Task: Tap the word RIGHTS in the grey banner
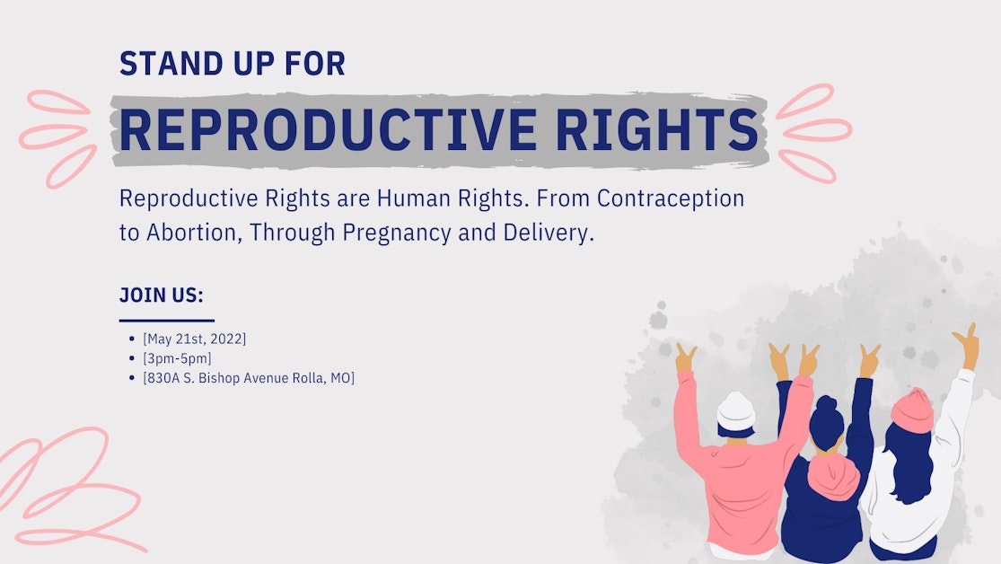[657, 130]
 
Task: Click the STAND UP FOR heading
[233, 65]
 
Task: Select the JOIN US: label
[162, 295]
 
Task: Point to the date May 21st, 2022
[194, 339]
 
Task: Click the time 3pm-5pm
[177, 358]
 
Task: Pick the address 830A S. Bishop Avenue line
[249, 378]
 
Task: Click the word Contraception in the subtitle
[671, 198]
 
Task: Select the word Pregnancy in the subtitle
[391, 234]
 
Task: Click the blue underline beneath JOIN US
[167, 320]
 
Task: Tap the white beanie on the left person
[736, 410]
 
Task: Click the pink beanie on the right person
[913, 410]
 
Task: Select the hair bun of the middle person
[826, 404]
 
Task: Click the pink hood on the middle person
[833, 476]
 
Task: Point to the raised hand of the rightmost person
[969, 341]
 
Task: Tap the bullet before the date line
[133, 339]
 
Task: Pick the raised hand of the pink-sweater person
[686, 357]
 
